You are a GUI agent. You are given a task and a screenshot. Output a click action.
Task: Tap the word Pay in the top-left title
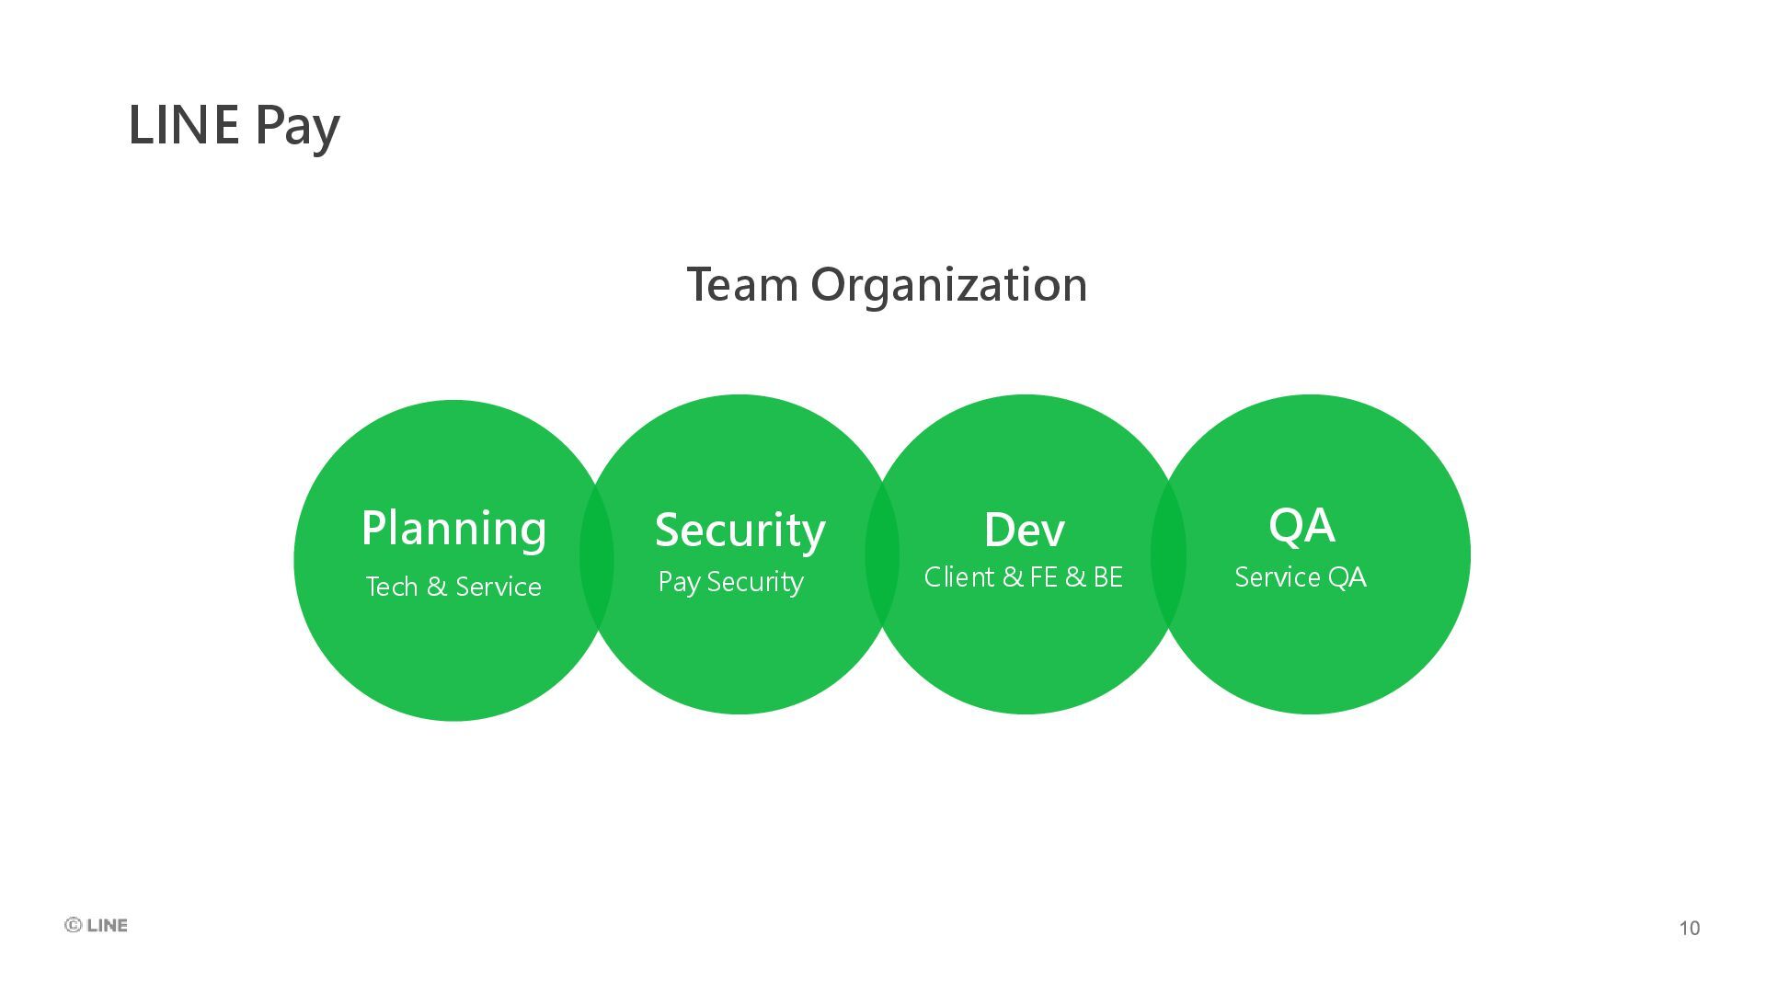click(x=297, y=127)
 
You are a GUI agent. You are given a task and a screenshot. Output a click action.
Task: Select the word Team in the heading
click(x=741, y=284)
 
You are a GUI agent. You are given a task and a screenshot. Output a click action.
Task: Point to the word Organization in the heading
click(x=948, y=286)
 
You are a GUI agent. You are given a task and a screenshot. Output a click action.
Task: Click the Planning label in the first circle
click(x=453, y=529)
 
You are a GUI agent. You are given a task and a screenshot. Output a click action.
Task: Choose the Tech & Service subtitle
click(x=453, y=587)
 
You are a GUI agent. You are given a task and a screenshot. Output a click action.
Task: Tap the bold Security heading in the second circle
click(x=740, y=531)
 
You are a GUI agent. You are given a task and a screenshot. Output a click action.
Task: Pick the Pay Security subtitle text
click(x=730, y=582)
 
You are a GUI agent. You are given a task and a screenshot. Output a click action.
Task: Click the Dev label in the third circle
click(x=1024, y=530)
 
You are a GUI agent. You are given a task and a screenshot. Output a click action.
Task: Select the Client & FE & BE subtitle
click(x=1023, y=577)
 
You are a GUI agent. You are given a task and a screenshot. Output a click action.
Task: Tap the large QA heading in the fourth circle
click(x=1302, y=526)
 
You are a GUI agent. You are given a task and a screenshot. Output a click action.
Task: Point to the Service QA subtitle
click(x=1300, y=577)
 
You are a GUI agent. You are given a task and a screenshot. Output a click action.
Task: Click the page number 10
click(x=1689, y=928)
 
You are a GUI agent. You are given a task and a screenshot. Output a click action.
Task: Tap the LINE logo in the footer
click(x=107, y=925)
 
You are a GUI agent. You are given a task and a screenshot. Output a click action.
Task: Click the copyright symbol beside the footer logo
click(x=74, y=925)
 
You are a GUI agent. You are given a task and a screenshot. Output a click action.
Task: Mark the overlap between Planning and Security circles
click(x=596, y=557)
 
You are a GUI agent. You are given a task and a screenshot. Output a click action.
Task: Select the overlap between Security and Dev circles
click(x=882, y=554)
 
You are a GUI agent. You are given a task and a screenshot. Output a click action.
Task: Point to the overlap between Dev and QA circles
click(x=1168, y=554)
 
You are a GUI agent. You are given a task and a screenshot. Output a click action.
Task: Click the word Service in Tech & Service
click(x=498, y=587)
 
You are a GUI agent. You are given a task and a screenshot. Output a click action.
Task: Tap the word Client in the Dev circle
click(x=959, y=577)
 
